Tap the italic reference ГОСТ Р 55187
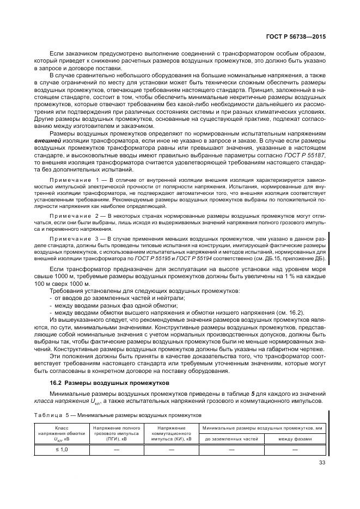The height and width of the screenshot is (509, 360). [307, 155]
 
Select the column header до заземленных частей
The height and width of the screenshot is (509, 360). [231, 438]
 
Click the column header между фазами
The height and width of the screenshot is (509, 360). [295, 438]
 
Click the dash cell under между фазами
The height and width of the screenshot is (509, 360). [295, 450]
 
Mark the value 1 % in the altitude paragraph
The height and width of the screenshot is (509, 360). [282, 277]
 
